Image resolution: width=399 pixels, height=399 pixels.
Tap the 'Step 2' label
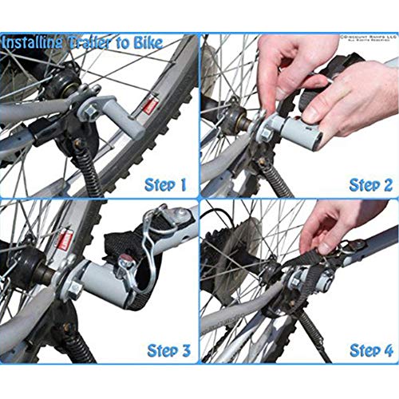[370, 184]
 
